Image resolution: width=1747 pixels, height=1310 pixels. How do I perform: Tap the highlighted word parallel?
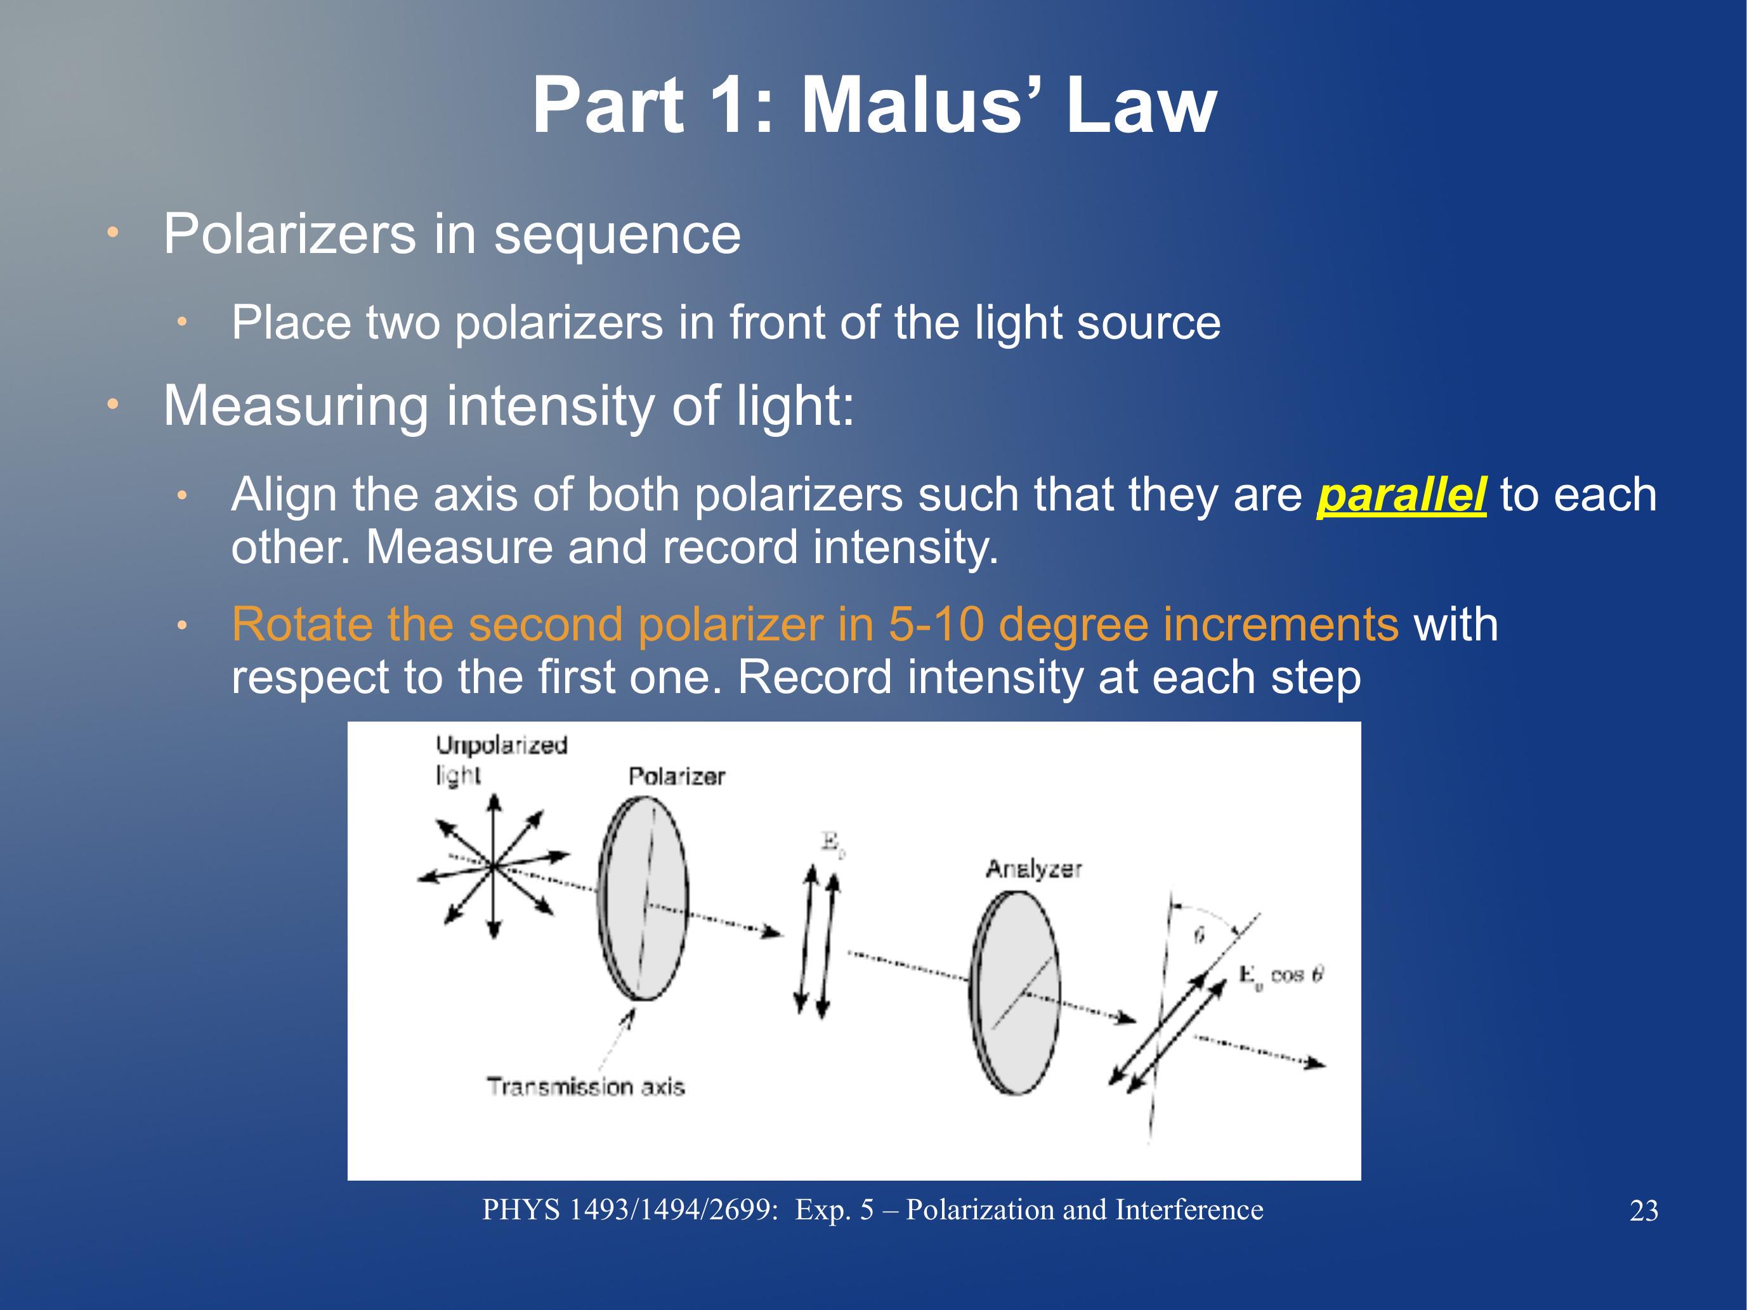[x=1401, y=496]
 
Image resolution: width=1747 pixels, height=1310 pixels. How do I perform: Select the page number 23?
[x=1644, y=1211]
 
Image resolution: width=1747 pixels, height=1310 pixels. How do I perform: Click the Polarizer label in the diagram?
[x=677, y=776]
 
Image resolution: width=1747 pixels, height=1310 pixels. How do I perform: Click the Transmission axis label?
[x=586, y=1087]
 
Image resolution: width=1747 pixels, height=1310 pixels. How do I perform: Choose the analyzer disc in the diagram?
[x=1015, y=992]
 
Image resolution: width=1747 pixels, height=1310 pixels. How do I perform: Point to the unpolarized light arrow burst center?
[x=494, y=866]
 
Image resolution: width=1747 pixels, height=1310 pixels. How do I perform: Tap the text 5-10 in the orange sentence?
[x=936, y=625]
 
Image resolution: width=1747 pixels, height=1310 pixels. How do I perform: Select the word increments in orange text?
[x=1277, y=625]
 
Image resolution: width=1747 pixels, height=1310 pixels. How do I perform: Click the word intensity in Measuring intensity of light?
[x=551, y=406]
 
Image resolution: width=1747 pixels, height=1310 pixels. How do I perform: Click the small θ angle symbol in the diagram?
[x=1199, y=937]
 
